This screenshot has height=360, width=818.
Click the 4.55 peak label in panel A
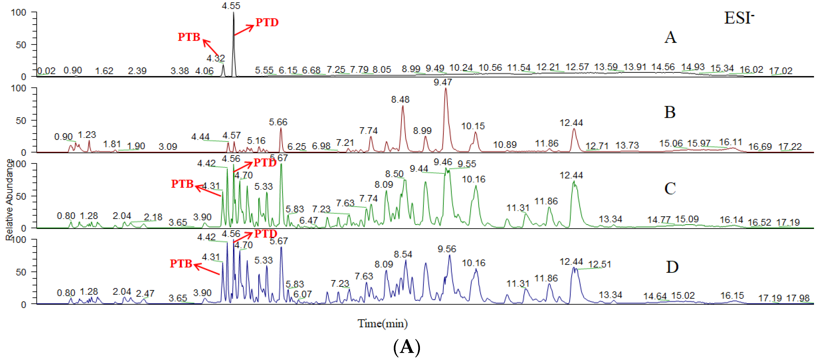231,6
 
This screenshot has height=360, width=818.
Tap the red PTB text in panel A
189,37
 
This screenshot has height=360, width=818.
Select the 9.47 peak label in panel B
443,82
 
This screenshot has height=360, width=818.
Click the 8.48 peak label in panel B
400,99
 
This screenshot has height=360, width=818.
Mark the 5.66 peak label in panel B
278,122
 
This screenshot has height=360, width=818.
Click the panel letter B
670,112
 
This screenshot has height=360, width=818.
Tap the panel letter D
672,267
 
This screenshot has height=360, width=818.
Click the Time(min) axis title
382,323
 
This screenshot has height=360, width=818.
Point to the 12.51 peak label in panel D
599,264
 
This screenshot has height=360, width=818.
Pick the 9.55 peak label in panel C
467,164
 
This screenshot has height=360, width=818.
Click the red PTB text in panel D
181,263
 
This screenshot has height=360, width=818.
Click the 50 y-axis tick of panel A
21,45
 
